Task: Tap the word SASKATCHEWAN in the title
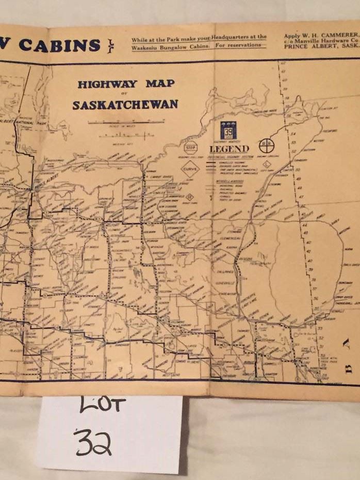point(125,105)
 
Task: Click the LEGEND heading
point(228,149)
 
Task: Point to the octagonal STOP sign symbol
point(191,147)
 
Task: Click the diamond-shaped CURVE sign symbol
point(190,169)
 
